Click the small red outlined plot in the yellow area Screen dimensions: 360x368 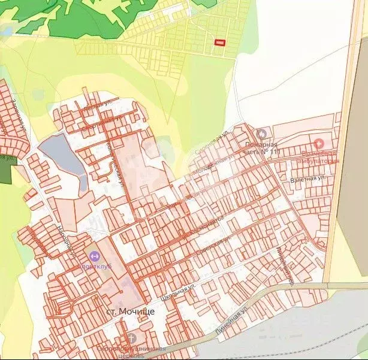(221, 42)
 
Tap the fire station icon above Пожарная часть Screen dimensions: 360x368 (261, 134)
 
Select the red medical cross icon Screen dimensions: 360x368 (319, 144)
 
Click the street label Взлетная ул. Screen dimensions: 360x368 (307, 179)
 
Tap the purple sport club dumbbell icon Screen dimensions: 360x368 (93, 256)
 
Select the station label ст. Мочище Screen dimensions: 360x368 (130, 311)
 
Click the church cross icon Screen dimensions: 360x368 (131, 337)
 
